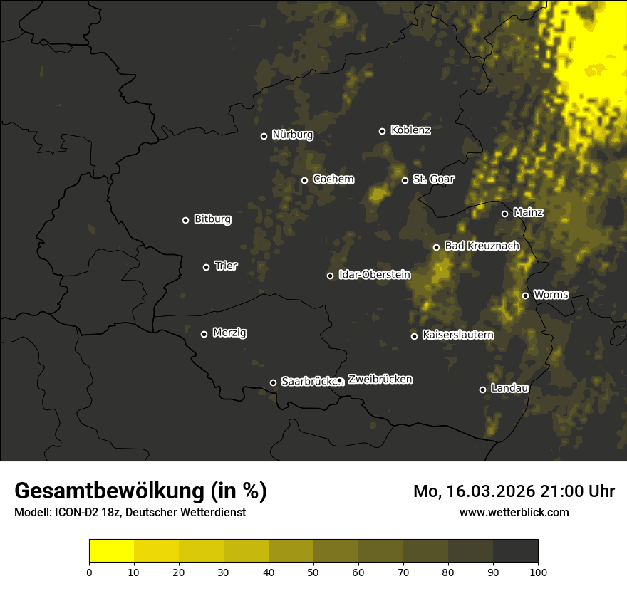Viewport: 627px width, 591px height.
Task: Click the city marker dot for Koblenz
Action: coord(382,131)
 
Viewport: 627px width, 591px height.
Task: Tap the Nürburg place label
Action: coord(292,135)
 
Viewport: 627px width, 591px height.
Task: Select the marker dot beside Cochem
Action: coord(304,180)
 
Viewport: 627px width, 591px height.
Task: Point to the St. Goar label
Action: coord(433,179)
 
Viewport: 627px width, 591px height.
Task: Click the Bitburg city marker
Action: coord(185,220)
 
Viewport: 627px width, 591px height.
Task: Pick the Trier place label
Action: coord(226,266)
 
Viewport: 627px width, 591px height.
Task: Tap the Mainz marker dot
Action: coord(504,214)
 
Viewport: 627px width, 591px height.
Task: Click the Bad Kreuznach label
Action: coord(482,246)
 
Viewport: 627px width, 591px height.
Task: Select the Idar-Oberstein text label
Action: coord(374,275)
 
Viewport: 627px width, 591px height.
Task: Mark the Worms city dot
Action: coord(525,295)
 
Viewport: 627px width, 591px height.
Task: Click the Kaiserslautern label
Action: coord(457,335)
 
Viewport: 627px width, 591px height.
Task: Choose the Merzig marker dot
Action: coord(204,334)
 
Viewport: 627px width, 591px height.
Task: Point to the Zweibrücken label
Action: coord(380,380)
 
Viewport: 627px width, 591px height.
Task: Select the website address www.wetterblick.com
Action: coord(514,512)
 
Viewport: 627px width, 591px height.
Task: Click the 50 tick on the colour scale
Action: coord(313,572)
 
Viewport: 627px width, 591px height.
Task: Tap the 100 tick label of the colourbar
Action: coord(538,572)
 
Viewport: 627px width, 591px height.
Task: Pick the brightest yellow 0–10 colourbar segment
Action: coord(111,551)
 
